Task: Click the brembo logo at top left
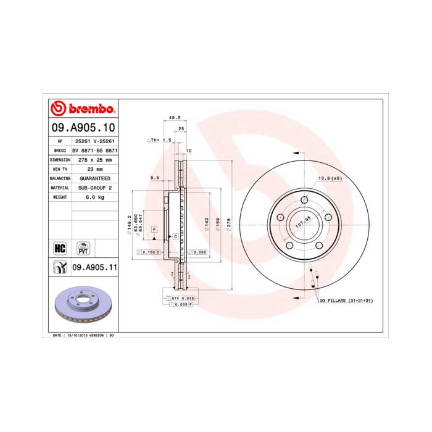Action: click(83, 109)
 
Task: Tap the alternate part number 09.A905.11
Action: click(95, 267)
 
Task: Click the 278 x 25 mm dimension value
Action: click(95, 159)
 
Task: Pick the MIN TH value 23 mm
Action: click(95, 168)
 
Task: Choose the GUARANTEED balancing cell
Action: click(95, 178)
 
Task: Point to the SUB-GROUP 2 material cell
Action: click(95, 187)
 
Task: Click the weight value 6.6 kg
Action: click(95, 197)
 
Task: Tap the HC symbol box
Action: click(60, 248)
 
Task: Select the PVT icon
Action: click(83, 248)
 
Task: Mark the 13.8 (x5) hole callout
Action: click(329, 178)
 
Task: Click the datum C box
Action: click(175, 236)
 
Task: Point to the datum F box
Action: click(154, 230)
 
